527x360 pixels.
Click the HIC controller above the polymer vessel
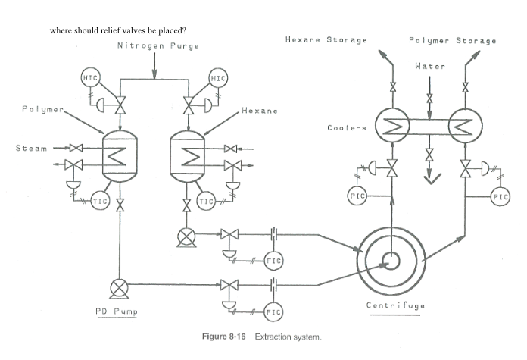(x=90, y=78)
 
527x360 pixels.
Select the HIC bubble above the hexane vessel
(x=218, y=78)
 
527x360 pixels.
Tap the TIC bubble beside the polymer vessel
(x=100, y=201)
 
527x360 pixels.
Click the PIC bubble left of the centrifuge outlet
(x=357, y=196)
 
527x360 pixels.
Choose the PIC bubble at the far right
(x=500, y=196)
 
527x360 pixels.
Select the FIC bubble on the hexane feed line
(x=273, y=261)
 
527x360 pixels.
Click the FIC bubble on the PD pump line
(x=273, y=311)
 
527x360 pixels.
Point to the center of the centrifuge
(x=393, y=261)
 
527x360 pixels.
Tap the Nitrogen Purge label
(x=158, y=46)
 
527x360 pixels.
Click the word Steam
(x=31, y=148)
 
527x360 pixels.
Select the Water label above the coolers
(x=429, y=66)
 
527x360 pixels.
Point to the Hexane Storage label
(x=326, y=39)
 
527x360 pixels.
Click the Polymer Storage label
(x=453, y=40)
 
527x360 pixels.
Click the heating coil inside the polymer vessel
(x=119, y=155)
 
